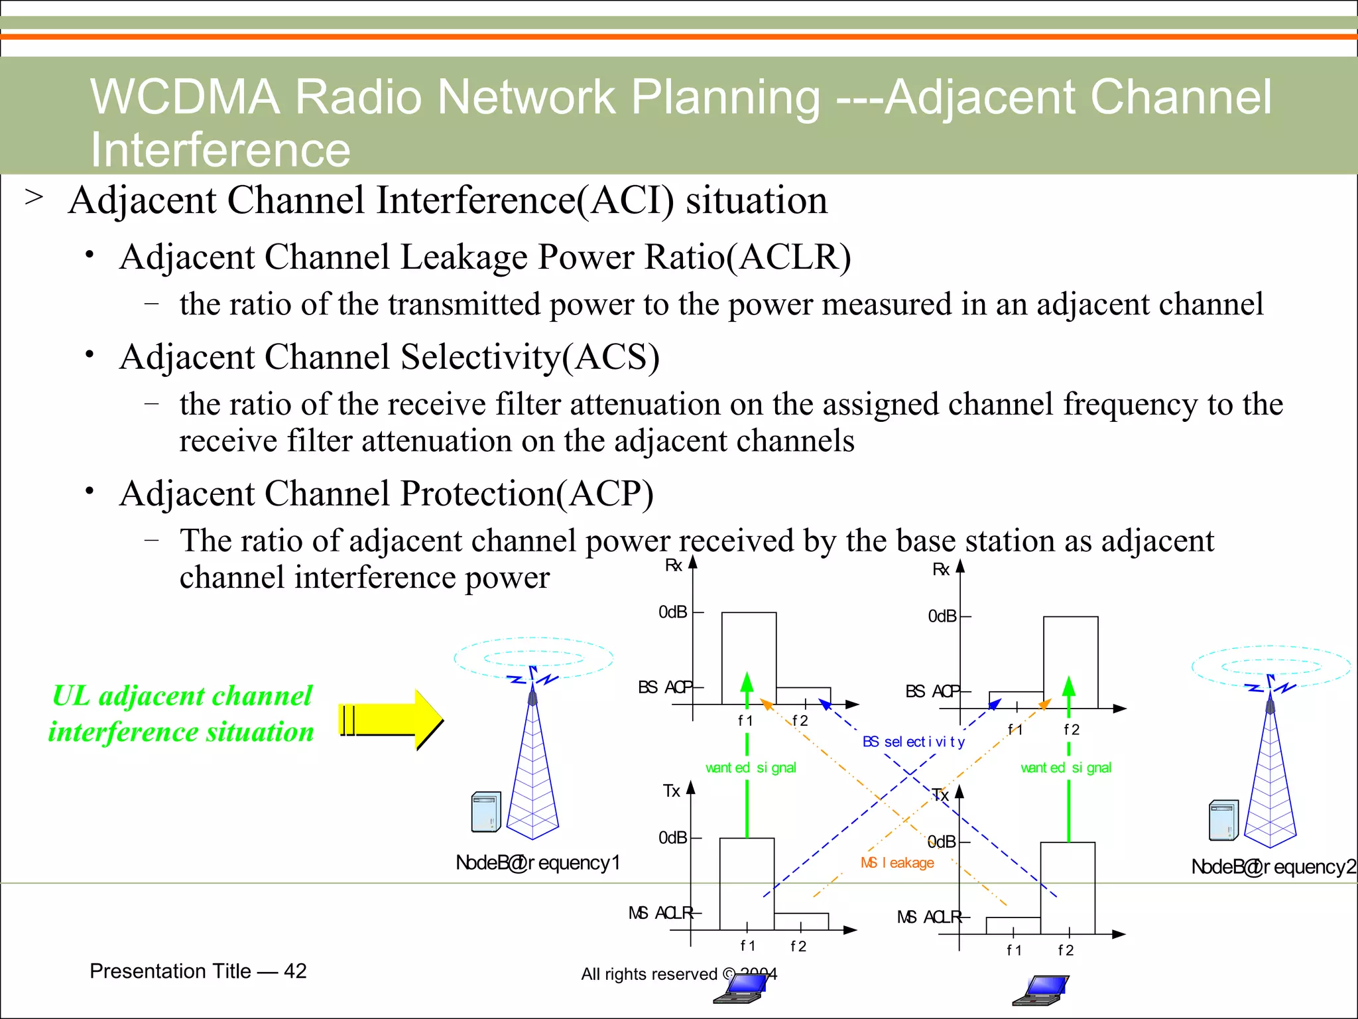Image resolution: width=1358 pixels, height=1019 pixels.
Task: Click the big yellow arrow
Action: click(391, 720)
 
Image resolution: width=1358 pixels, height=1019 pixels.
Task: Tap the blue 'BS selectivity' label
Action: click(913, 742)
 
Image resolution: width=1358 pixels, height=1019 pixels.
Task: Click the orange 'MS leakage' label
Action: click(897, 862)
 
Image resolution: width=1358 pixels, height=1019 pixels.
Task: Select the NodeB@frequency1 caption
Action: click(538, 862)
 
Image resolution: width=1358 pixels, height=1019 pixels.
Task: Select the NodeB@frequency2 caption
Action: click(1273, 866)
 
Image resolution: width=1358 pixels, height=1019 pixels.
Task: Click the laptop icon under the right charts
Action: click(1040, 990)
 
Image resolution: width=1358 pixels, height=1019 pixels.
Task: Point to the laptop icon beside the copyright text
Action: click(741, 988)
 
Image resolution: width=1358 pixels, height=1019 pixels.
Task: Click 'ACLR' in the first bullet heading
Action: click(788, 257)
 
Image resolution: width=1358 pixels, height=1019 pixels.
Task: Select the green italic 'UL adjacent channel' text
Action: click(182, 696)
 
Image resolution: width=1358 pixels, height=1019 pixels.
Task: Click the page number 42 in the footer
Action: click(295, 971)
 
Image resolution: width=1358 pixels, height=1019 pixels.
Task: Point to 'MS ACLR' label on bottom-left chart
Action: click(660, 914)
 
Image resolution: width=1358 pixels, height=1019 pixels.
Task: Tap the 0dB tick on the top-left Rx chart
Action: click(673, 612)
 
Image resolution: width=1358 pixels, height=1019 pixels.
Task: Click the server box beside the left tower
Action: click(486, 812)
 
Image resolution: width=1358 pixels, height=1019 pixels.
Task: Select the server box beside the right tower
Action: click(1223, 821)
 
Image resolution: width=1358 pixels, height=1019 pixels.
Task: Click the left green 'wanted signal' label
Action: click(751, 768)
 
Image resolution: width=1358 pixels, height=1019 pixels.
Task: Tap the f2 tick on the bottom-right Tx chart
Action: click(1066, 950)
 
